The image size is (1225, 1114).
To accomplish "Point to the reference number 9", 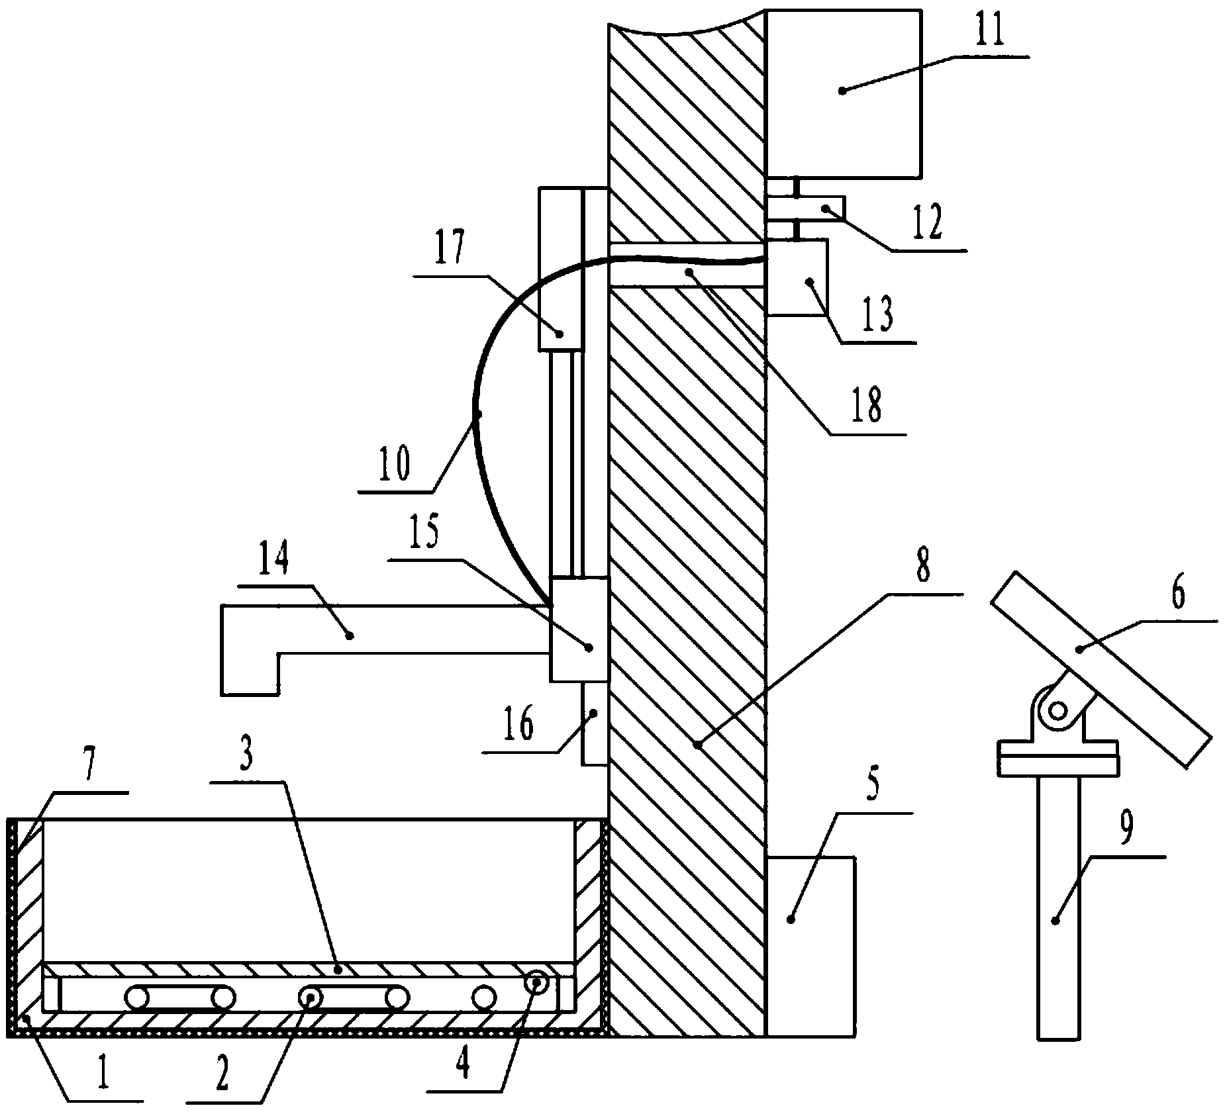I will pos(1126,825).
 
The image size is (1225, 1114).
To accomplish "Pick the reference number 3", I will pos(246,757).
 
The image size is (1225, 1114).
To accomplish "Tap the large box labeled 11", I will pos(843,93).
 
